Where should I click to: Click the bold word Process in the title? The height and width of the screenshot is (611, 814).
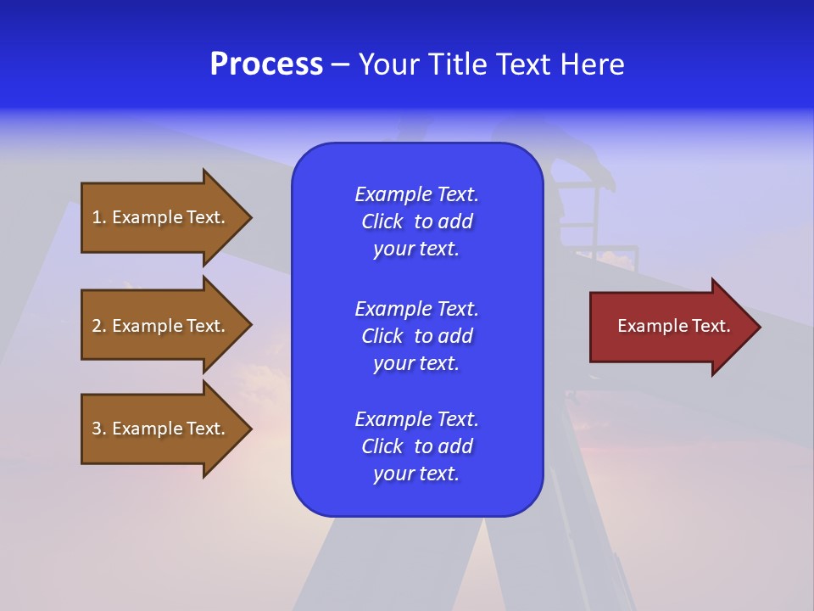(x=266, y=64)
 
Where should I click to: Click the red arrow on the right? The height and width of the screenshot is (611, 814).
(x=670, y=326)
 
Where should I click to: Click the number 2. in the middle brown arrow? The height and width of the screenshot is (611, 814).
(x=99, y=326)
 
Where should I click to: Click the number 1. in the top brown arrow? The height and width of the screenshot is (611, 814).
(x=99, y=217)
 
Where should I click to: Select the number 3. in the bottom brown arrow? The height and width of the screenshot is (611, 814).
(x=99, y=429)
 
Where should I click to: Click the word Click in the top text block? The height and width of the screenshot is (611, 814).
(x=382, y=221)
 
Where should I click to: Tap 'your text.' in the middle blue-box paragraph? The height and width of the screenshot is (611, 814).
(x=416, y=363)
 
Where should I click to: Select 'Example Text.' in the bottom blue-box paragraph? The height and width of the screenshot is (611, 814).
(x=416, y=419)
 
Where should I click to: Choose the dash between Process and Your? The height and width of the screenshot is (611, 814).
(x=341, y=64)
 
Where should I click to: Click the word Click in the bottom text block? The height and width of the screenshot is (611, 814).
(x=382, y=446)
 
